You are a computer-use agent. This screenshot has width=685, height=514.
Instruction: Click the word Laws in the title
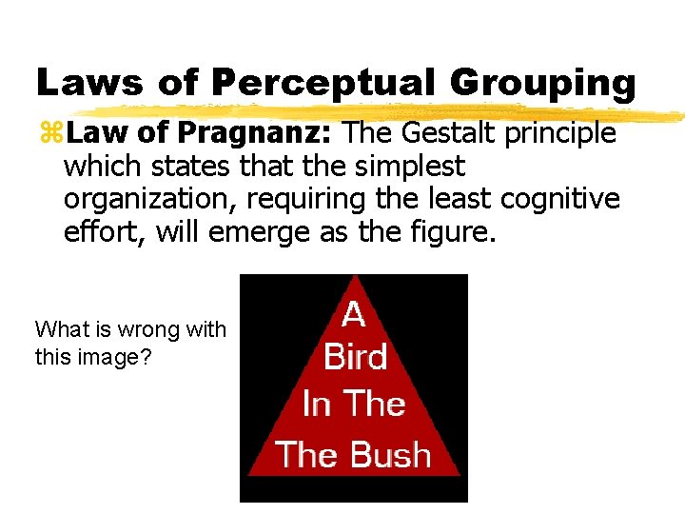click(x=88, y=83)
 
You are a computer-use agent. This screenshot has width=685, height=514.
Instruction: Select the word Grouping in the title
click(x=542, y=83)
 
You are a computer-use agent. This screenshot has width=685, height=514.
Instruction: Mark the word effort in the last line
click(x=97, y=231)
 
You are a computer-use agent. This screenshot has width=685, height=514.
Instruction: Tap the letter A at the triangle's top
click(x=353, y=315)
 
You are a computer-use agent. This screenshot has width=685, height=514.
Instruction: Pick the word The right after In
click(x=375, y=405)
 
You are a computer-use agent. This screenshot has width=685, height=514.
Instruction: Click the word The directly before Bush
click(x=305, y=454)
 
